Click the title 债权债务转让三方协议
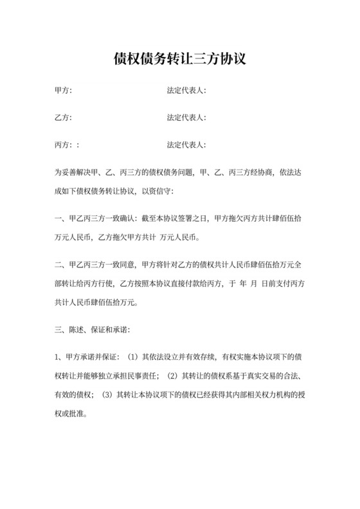[x=179, y=60]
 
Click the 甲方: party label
[x=64, y=91]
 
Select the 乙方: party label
[x=64, y=118]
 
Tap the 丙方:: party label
[x=67, y=145]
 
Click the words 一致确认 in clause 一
[x=125, y=219]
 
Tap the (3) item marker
[x=107, y=394]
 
